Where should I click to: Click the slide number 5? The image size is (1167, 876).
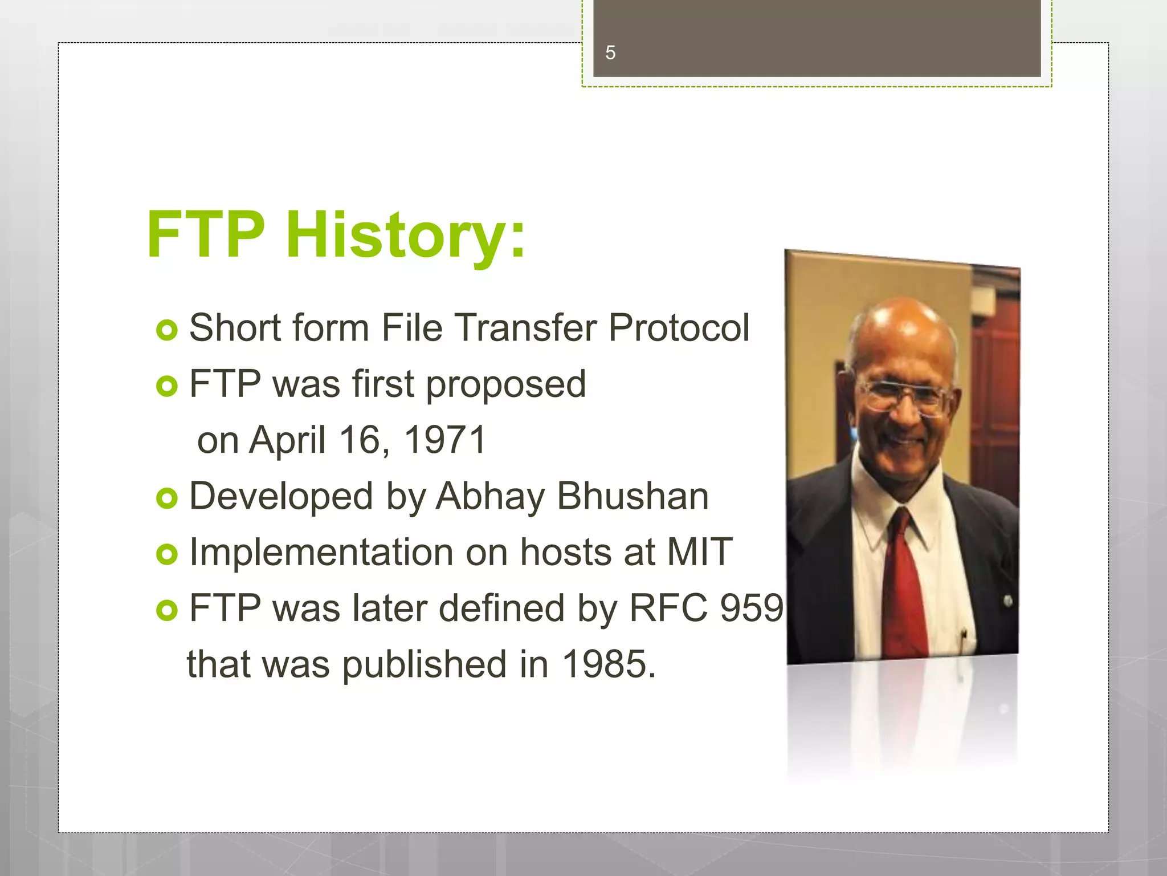point(610,53)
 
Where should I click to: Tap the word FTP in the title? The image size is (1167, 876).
point(206,235)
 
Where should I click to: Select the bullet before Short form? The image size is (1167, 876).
point(166,330)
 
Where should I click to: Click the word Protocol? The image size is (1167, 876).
point(678,328)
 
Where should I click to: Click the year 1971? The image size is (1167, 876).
point(444,440)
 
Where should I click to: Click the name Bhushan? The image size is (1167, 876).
point(633,496)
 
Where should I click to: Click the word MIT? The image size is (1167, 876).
point(699,552)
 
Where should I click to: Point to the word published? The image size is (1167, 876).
point(425,665)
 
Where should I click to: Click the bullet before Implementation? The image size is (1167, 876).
point(166,554)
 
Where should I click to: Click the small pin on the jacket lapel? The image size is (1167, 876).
point(1007,601)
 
